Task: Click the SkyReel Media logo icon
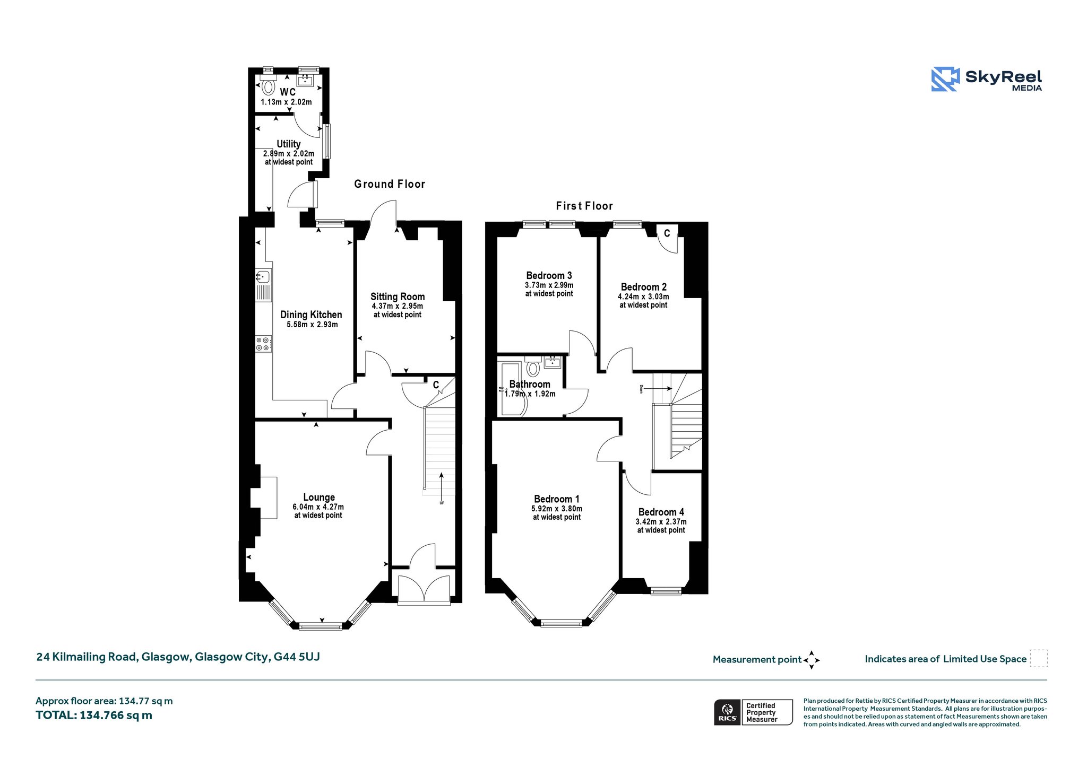(x=945, y=80)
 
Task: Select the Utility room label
(x=289, y=144)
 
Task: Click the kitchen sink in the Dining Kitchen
(x=263, y=276)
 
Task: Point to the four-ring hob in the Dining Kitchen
(x=263, y=344)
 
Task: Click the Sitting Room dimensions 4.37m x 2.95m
(x=398, y=306)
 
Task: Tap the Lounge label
(x=319, y=497)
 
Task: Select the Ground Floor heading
(x=390, y=184)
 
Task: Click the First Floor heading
(x=584, y=206)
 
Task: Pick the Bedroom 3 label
(x=549, y=275)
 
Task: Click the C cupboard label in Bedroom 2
(x=667, y=233)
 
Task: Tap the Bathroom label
(x=530, y=384)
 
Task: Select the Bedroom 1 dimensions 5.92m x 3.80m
(x=557, y=509)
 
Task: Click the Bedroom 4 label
(x=661, y=512)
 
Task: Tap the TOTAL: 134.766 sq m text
(x=94, y=715)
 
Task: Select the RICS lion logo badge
(x=728, y=712)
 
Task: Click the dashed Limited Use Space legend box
(x=1039, y=658)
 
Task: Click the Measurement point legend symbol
(x=812, y=660)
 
